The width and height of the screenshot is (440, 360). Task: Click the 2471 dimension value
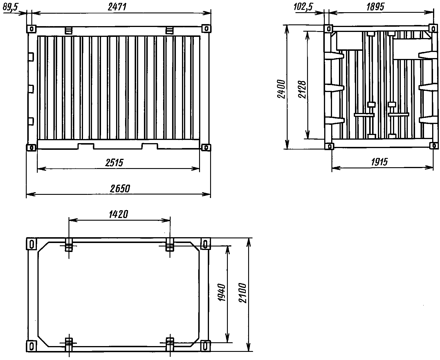tap(117, 7)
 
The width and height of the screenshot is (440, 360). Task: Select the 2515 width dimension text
tap(114, 163)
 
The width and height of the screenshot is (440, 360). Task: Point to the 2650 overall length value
tap(120, 189)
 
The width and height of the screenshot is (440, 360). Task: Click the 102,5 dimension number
tap(303, 7)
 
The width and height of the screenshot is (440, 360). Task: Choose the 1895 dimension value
tap(375, 7)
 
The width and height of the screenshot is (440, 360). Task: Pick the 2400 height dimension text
tap(281, 89)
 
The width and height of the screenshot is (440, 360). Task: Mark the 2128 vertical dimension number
tap(302, 89)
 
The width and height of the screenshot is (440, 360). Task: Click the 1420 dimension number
tap(118, 214)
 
